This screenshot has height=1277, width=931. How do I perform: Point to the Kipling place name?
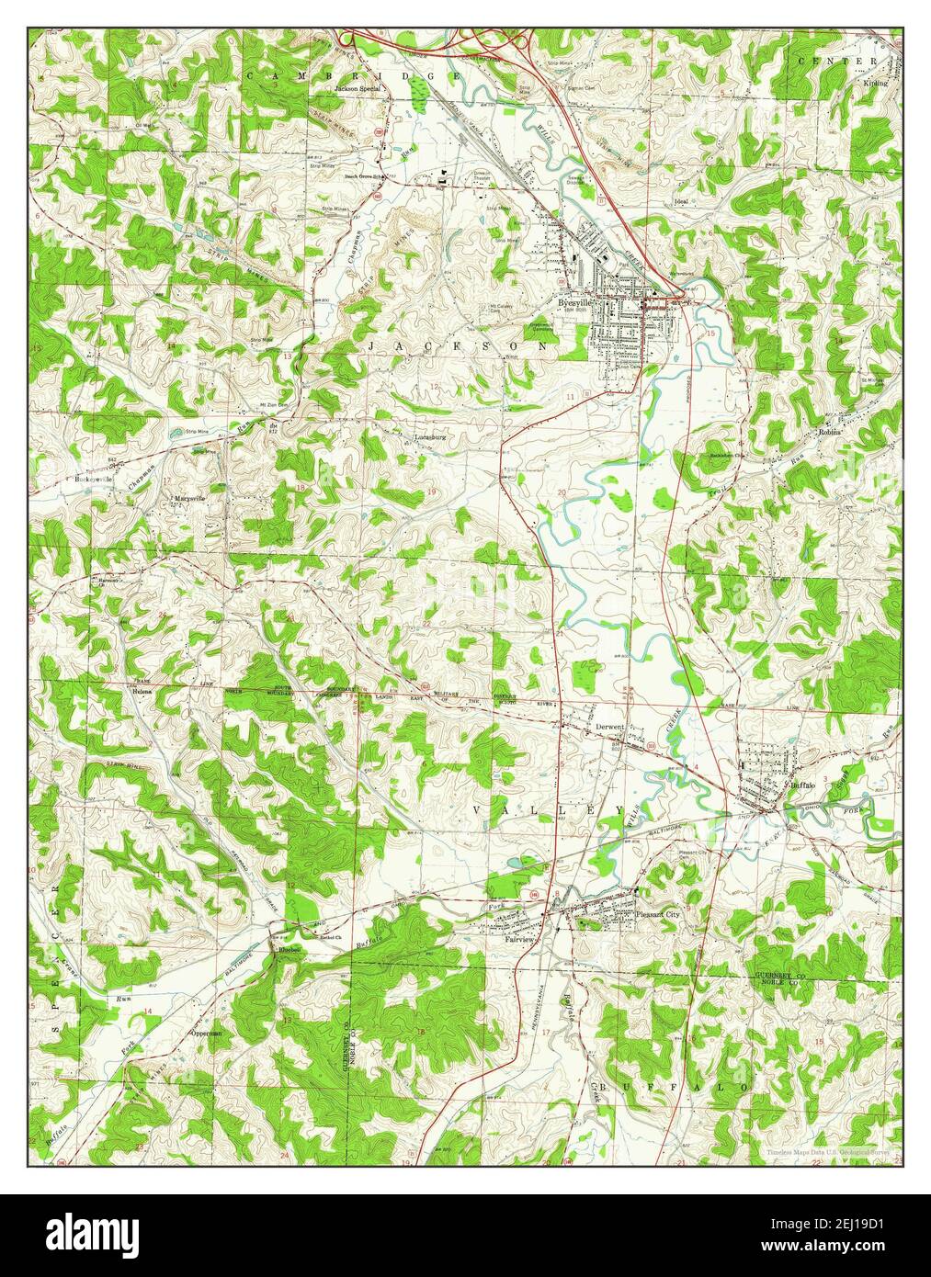tap(875, 83)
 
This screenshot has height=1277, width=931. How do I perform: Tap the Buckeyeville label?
tap(94, 479)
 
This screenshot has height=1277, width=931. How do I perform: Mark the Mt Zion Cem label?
tap(250, 405)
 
